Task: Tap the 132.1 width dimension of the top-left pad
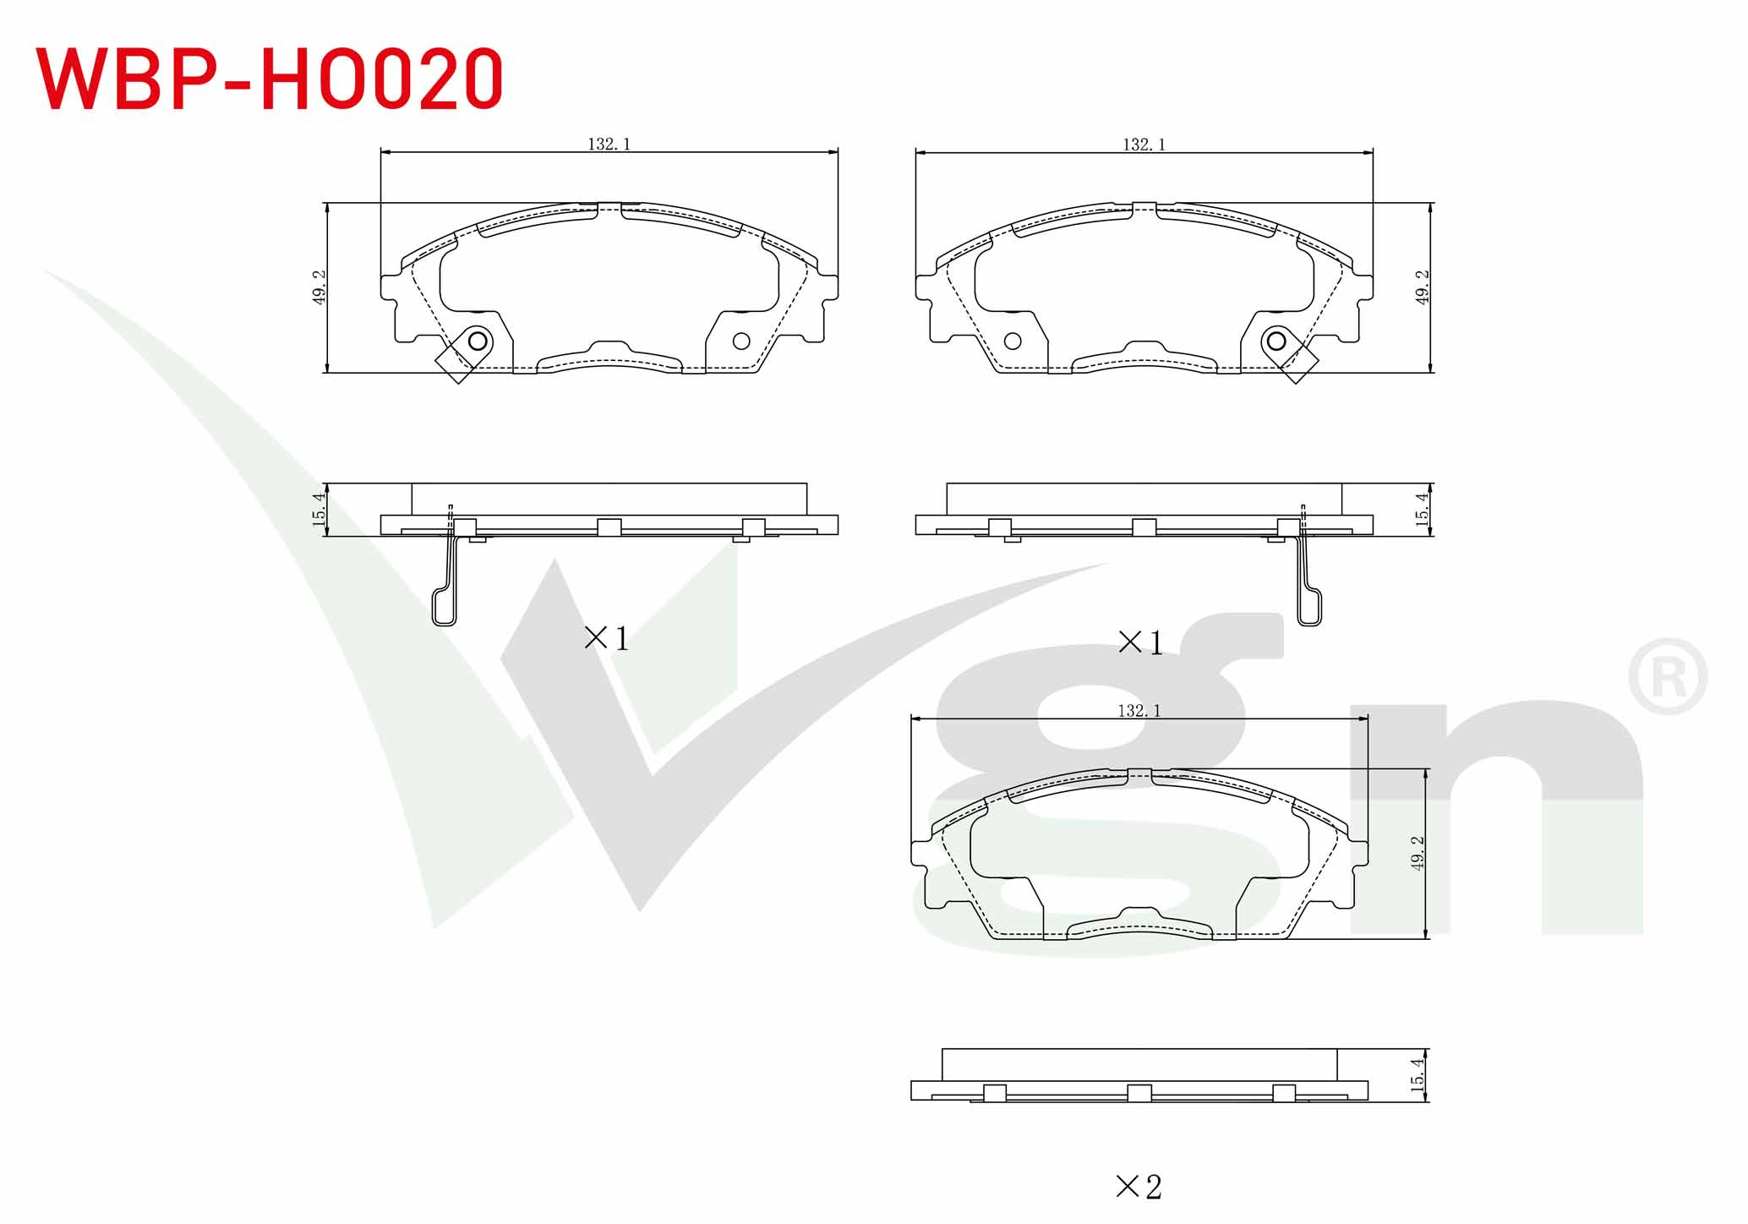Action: click(x=609, y=145)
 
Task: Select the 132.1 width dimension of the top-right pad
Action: click(x=1144, y=145)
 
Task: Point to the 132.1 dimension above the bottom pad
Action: click(x=1139, y=711)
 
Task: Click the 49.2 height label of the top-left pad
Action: click(x=319, y=287)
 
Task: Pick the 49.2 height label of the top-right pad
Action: click(x=1423, y=287)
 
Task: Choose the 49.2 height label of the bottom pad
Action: click(x=1418, y=853)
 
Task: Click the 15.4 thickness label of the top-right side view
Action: click(x=1423, y=510)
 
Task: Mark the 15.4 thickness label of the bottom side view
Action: click(x=1418, y=1074)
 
